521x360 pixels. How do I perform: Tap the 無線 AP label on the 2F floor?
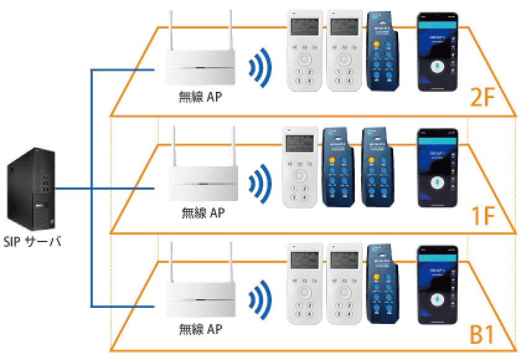[200, 97]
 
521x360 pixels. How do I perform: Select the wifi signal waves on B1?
[260, 300]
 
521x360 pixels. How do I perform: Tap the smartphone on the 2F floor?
[437, 53]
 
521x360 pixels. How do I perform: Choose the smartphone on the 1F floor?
[437, 168]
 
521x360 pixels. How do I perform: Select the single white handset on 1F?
[300, 168]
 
